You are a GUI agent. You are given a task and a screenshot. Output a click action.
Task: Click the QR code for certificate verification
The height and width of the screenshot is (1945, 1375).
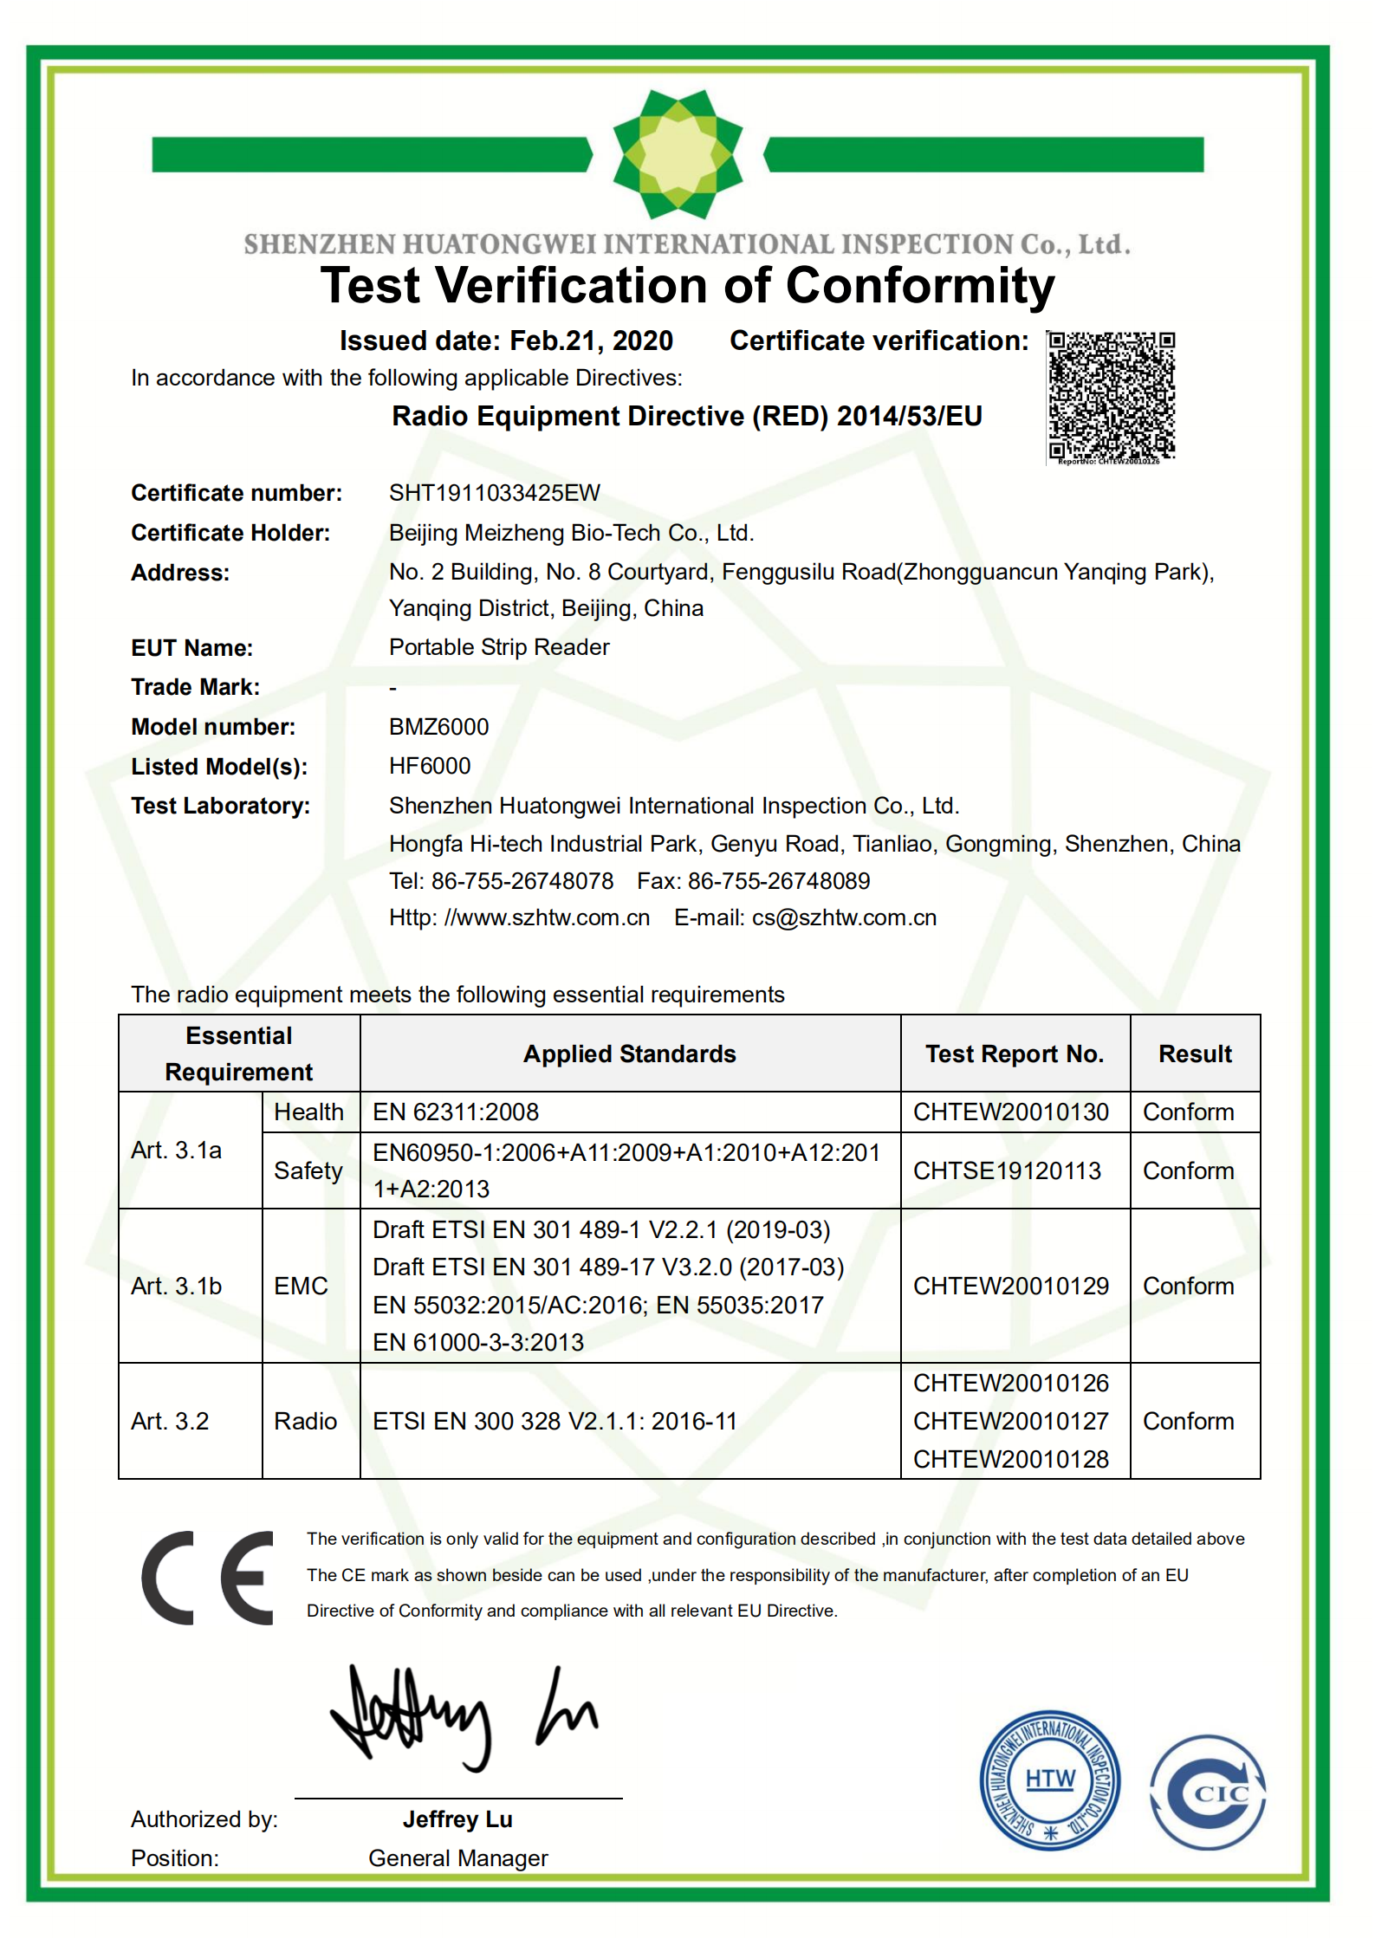click(1111, 396)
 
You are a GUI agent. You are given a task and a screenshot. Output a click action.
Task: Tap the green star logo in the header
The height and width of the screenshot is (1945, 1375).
click(678, 154)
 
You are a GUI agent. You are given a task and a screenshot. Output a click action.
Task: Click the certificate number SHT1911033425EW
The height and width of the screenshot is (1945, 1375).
click(494, 493)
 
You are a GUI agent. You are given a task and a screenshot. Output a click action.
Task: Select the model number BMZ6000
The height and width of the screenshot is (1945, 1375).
click(438, 727)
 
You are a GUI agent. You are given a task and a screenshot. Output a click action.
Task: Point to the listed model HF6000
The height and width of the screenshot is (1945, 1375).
click(430, 766)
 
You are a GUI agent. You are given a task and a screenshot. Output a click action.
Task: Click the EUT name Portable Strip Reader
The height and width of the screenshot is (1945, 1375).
click(499, 647)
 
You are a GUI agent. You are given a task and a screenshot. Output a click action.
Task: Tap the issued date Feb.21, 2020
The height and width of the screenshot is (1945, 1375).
click(591, 340)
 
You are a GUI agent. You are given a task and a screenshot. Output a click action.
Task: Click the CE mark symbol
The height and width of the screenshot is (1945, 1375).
click(208, 1578)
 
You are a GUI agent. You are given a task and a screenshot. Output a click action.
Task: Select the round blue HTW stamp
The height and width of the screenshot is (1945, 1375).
click(1049, 1780)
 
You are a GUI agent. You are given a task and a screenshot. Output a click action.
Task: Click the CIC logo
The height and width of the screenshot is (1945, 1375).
click(1208, 1792)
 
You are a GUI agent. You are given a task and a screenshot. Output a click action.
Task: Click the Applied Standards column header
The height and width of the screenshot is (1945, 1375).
click(630, 1054)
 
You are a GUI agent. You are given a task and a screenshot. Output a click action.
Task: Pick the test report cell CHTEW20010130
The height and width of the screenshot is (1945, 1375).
click(1010, 1112)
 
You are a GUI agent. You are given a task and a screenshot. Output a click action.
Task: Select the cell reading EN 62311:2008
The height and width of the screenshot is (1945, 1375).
click(456, 1112)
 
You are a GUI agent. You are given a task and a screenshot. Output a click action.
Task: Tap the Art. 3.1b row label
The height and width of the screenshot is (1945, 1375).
click(177, 1286)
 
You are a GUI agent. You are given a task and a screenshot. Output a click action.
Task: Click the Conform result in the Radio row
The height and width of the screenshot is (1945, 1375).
click(1188, 1421)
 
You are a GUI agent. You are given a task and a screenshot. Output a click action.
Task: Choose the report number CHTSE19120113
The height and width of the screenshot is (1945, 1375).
click(1007, 1170)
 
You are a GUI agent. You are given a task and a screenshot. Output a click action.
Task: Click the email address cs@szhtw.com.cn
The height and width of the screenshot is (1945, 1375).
click(844, 917)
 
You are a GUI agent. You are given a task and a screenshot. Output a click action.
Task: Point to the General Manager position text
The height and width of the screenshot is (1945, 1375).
click(457, 1857)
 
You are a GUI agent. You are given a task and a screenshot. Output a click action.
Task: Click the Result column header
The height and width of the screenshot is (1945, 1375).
click(1195, 1054)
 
